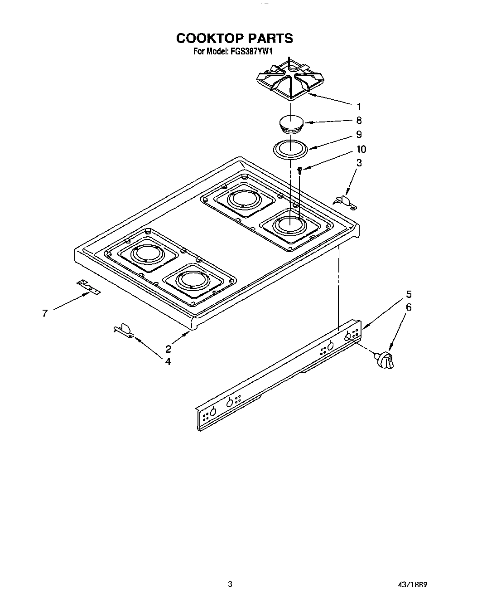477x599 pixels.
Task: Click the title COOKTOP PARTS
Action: pos(234,38)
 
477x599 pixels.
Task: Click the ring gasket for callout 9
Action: pos(290,149)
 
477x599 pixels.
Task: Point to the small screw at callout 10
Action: pos(299,170)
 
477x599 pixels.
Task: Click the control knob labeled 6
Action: pos(385,360)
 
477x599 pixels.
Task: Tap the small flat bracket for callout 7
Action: pos(88,287)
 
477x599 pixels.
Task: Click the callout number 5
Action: pos(409,294)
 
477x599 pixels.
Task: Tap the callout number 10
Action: pos(361,149)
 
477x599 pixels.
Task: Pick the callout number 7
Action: pos(45,313)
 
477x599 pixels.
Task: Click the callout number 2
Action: pos(168,349)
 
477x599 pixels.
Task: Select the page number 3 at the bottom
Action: pos(230,584)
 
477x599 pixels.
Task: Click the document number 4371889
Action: pos(413,584)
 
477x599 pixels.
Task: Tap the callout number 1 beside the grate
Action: pos(359,107)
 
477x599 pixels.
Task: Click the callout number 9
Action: pos(359,134)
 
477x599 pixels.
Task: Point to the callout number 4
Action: pos(168,361)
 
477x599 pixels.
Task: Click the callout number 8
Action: pos(359,121)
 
